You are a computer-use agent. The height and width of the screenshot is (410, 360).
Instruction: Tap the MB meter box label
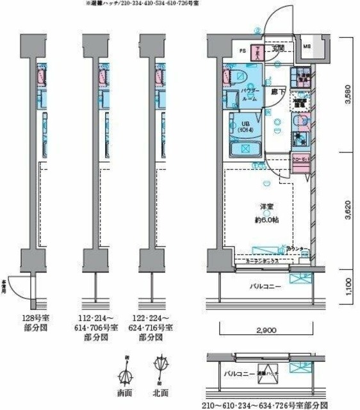pyautogui.click(x=307, y=47)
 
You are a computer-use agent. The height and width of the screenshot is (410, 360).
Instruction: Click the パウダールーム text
pyautogui.click(x=249, y=95)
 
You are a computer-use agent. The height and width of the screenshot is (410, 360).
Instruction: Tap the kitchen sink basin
pyautogui.click(x=300, y=138)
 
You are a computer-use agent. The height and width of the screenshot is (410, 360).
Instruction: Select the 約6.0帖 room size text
pyautogui.click(x=266, y=220)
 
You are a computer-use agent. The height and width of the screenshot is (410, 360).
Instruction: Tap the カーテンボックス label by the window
pyautogui.click(x=254, y=261)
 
